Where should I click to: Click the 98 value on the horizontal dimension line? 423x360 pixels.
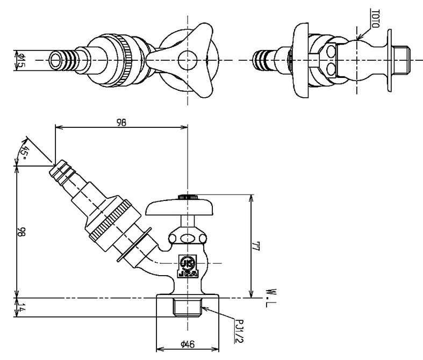pos(121,123)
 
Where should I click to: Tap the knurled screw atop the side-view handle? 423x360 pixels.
pos(187,197)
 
